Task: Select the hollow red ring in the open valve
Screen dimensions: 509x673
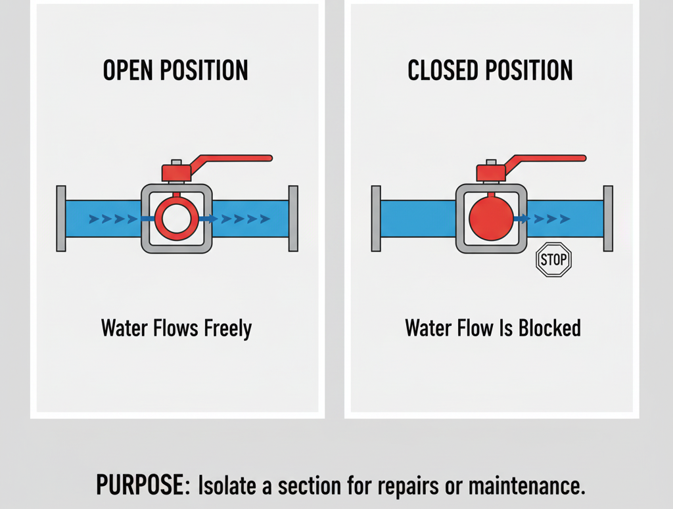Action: pyautogui.click(x=176, y=218)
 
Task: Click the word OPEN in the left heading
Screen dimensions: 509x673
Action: pyautogui.click(x=129, y=70)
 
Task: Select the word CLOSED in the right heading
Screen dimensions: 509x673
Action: pyautogui.click(x=443, y=70)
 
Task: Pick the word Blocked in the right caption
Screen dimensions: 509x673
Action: pyautogui.click(x=548, y=327)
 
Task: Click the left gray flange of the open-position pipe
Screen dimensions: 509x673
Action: pyautogui.click(x=61, y=218)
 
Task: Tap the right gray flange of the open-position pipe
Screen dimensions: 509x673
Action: pyautogui.click(x=293, y=218)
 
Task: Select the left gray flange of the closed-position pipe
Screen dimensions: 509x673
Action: pyautogui.click(x=376, y=218)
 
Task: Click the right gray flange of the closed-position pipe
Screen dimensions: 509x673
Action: pyautogui.click(x=608, y=218)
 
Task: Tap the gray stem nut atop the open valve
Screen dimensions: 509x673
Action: pyautogui.click(x=176, y=162)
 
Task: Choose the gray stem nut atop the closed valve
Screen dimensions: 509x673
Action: pyautogui.click(x=490, y=162)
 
